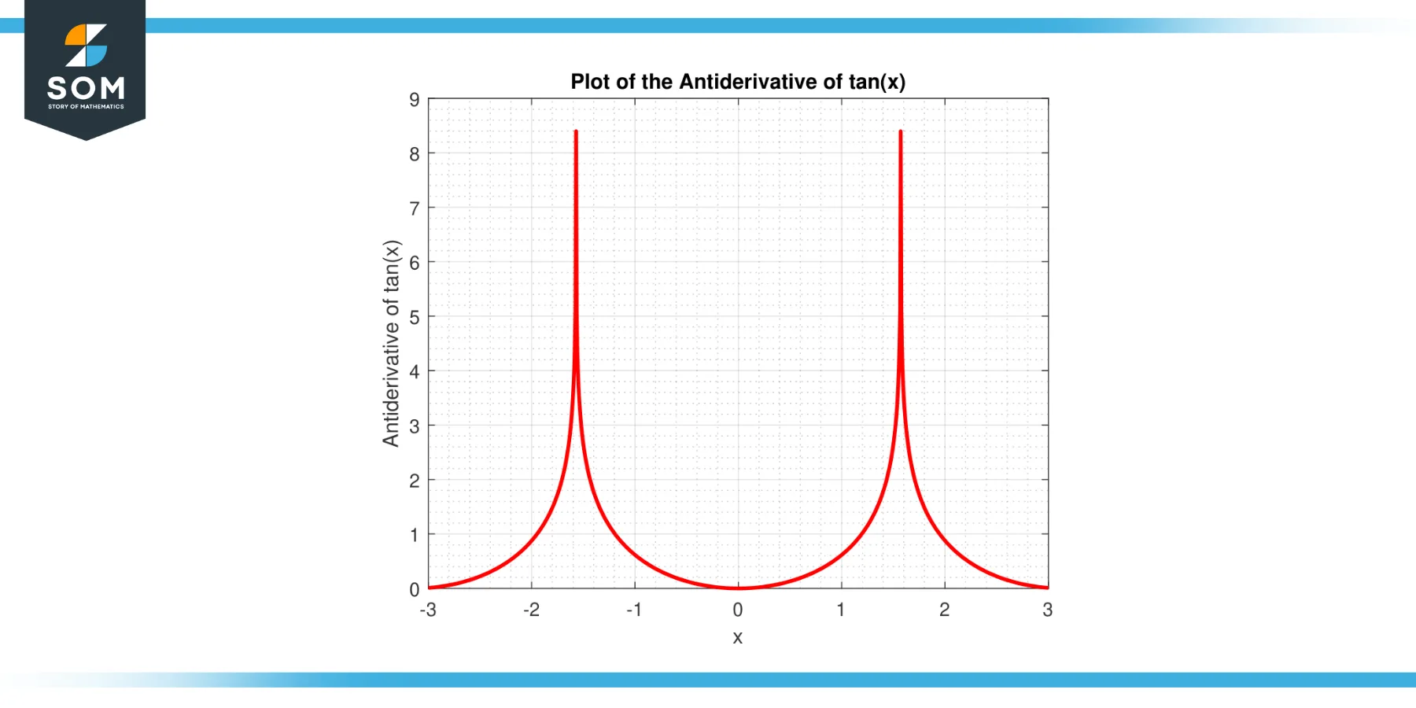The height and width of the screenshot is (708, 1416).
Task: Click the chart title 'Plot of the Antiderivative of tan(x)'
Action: [x=738, y=82]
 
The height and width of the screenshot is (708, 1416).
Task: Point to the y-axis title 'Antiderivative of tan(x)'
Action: [x=391, y=343]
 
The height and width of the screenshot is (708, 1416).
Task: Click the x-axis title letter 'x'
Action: [x=738, y=637]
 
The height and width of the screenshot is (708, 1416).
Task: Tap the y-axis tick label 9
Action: [x=415, y=100]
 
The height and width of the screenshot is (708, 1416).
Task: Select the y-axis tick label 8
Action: [x=415, y=154]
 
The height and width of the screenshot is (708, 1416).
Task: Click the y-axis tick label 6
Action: [x=415, y=263]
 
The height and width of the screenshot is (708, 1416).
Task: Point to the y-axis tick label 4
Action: [x=415, y=371]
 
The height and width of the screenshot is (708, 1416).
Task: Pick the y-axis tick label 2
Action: [x=415, y=481]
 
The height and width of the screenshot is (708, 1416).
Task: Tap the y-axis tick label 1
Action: [x=415, y=535]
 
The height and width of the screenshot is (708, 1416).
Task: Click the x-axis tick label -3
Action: [x=428, y=610]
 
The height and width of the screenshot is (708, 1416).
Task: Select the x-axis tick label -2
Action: [x=532, y=610]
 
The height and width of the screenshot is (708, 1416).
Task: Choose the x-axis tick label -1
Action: [x=634, y=610]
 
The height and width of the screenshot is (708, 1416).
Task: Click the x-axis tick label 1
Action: [x=841, y=610]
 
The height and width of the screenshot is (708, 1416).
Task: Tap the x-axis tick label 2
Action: [x=945, y=610]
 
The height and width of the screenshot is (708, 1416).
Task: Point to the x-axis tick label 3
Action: [x=1048, y=610]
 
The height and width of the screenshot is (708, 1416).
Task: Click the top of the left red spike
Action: [x=576, y=132]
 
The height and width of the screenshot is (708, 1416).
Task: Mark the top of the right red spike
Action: [x=901, y=132]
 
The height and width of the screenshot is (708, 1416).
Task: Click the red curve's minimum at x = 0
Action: [x=738, y=588]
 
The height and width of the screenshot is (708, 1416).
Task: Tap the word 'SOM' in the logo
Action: [x=86, y=87]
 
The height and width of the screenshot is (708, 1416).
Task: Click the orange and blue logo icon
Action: [x=86, y=46]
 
